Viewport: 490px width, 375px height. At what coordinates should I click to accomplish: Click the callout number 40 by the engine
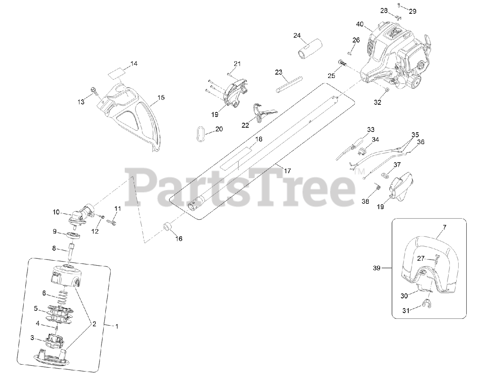point(359,24)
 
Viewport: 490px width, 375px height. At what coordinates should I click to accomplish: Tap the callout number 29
point(412,11)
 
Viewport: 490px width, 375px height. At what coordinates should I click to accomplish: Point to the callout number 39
point(377,268)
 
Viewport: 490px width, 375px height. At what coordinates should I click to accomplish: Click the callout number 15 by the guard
point(161,98)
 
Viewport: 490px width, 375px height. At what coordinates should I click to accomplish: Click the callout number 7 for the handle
point(444,227)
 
